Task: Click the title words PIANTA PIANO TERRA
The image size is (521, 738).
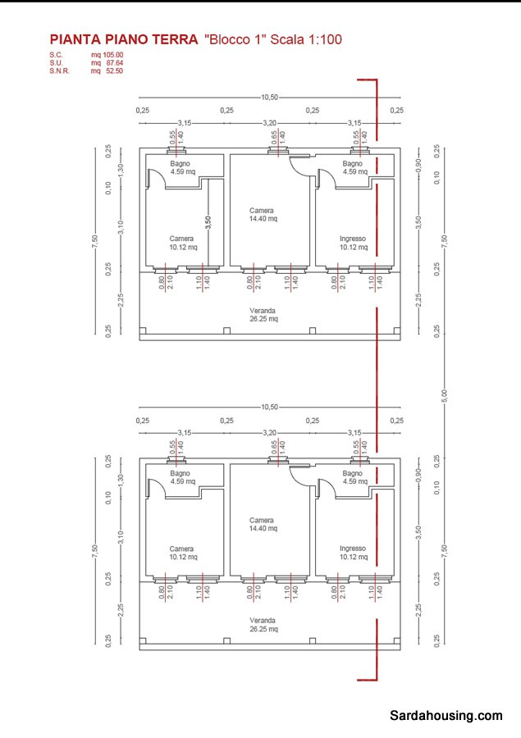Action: (x=123, y=39)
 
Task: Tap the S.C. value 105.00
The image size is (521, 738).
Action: (x=112, y=55)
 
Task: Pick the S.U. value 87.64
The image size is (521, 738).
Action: (x=112, y=62)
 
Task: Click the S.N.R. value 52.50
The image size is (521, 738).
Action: (x=112, y=71)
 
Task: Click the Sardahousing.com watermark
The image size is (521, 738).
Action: (x=446, y=715)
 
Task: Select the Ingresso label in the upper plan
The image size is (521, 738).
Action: (x=353, y=239)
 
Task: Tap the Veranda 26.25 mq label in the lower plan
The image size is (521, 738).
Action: (x=263, y=625)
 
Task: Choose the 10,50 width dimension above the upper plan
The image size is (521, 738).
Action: (x=269, y=98)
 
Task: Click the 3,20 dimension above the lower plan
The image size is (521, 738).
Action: (x=269, y=432)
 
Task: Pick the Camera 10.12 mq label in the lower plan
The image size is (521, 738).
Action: (x=182, y=553)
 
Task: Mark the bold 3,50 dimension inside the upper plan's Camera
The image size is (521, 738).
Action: (x=208, y=221)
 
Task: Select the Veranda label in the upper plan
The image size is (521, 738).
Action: (x=263, y=311)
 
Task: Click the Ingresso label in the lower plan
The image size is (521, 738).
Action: (x=353, y=549)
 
